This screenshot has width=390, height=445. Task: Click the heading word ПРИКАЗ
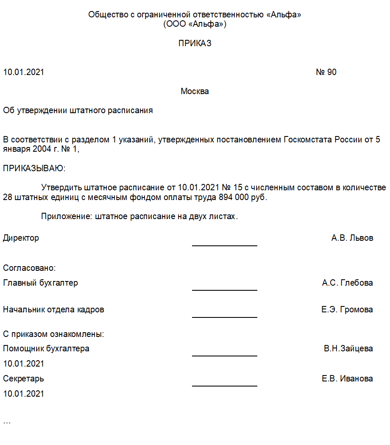pos(195,43)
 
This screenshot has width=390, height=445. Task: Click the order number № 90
pos(326,72)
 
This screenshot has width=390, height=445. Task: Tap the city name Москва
pos(195,91)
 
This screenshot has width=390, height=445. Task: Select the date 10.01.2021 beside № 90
pos(24,72)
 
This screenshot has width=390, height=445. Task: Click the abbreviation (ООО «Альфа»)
pos(195,24)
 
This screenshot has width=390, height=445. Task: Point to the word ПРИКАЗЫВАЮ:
pos(34,168)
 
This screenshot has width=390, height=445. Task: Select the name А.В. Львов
pos(352,238)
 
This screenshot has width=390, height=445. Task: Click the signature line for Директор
pos(225,245)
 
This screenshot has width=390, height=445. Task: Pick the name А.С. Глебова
pos(347,283)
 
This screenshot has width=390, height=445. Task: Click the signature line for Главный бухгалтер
pos(225,290)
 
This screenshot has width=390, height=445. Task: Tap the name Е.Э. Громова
pos(347,309)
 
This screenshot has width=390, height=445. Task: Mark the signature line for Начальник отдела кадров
pos(225,317)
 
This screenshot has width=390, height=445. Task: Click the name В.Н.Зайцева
pos(348,349)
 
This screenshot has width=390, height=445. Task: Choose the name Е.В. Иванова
pos(347,378)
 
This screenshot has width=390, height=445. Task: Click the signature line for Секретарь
pos(225,386)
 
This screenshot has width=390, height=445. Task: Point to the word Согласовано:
pos(30,268)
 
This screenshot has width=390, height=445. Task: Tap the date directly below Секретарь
pos(24,394)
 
